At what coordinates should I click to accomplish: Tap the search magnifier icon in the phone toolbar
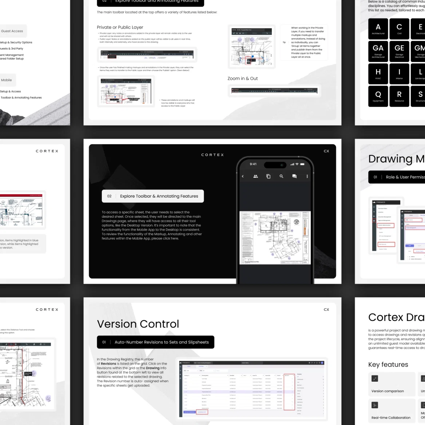[x=281, y=176]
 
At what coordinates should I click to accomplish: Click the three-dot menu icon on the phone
[x=307, y=176]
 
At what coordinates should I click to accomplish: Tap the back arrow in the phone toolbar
[x=243, y=176]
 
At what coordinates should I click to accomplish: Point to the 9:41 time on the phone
[x=253, y=164]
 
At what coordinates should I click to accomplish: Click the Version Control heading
[x=138, y=324]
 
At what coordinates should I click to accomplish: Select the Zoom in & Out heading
[x=243, y=79]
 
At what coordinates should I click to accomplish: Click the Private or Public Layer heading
[x=120, y=27]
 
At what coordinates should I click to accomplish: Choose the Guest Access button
[x=12, y=31]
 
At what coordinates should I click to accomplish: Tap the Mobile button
[x=7, y=80]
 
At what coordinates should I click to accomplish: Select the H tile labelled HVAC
[x=378, y=74]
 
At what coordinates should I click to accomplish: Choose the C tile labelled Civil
[x=399, y=29]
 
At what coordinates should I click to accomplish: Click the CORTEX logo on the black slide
[x=212, y=155]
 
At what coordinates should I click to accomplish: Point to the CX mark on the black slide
[x=326, y=151]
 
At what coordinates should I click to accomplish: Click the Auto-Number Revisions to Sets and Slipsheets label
[x=162, y=342]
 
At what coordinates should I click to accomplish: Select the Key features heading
[x=388, y=365]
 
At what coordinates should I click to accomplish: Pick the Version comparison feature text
[x=388, y=391]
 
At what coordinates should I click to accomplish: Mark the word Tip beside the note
[x=284, y=42]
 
